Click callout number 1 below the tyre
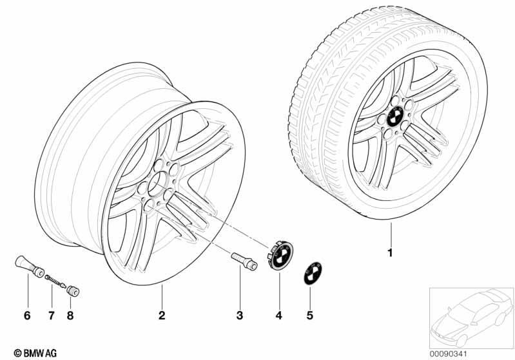(x=390, y=253)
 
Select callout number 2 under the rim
(x=162, y=316)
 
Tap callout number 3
(x=240, y=316)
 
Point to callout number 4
(x=279, y=316)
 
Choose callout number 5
(x=310, y=316)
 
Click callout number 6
(x=27, y=316)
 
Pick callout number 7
(x=51, y=316)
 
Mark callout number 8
(x=70, y=316)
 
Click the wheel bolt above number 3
(x=244, y=261)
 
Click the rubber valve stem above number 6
(x=30, y=267)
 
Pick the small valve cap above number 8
(x=73, y=291)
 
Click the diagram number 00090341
(x=449, y=354)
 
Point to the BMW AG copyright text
(x=35, y=353)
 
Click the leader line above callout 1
(x=391, y=234)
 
